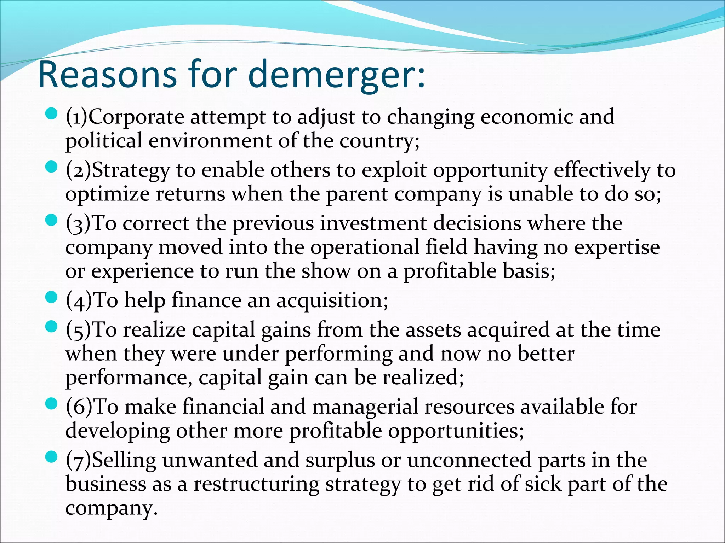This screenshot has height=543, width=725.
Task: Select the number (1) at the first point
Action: (76, 117)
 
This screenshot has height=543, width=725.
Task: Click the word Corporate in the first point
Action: (136, 117)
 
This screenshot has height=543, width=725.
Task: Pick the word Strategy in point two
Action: (131, 171)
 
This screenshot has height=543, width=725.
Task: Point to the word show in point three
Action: (326, 271)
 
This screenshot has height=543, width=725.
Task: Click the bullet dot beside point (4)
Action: (52, 298)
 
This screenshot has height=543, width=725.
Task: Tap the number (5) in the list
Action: (78, 331)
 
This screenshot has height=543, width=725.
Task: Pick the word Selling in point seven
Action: (124, 460)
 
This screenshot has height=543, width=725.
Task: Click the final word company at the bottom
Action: (111, 508)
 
